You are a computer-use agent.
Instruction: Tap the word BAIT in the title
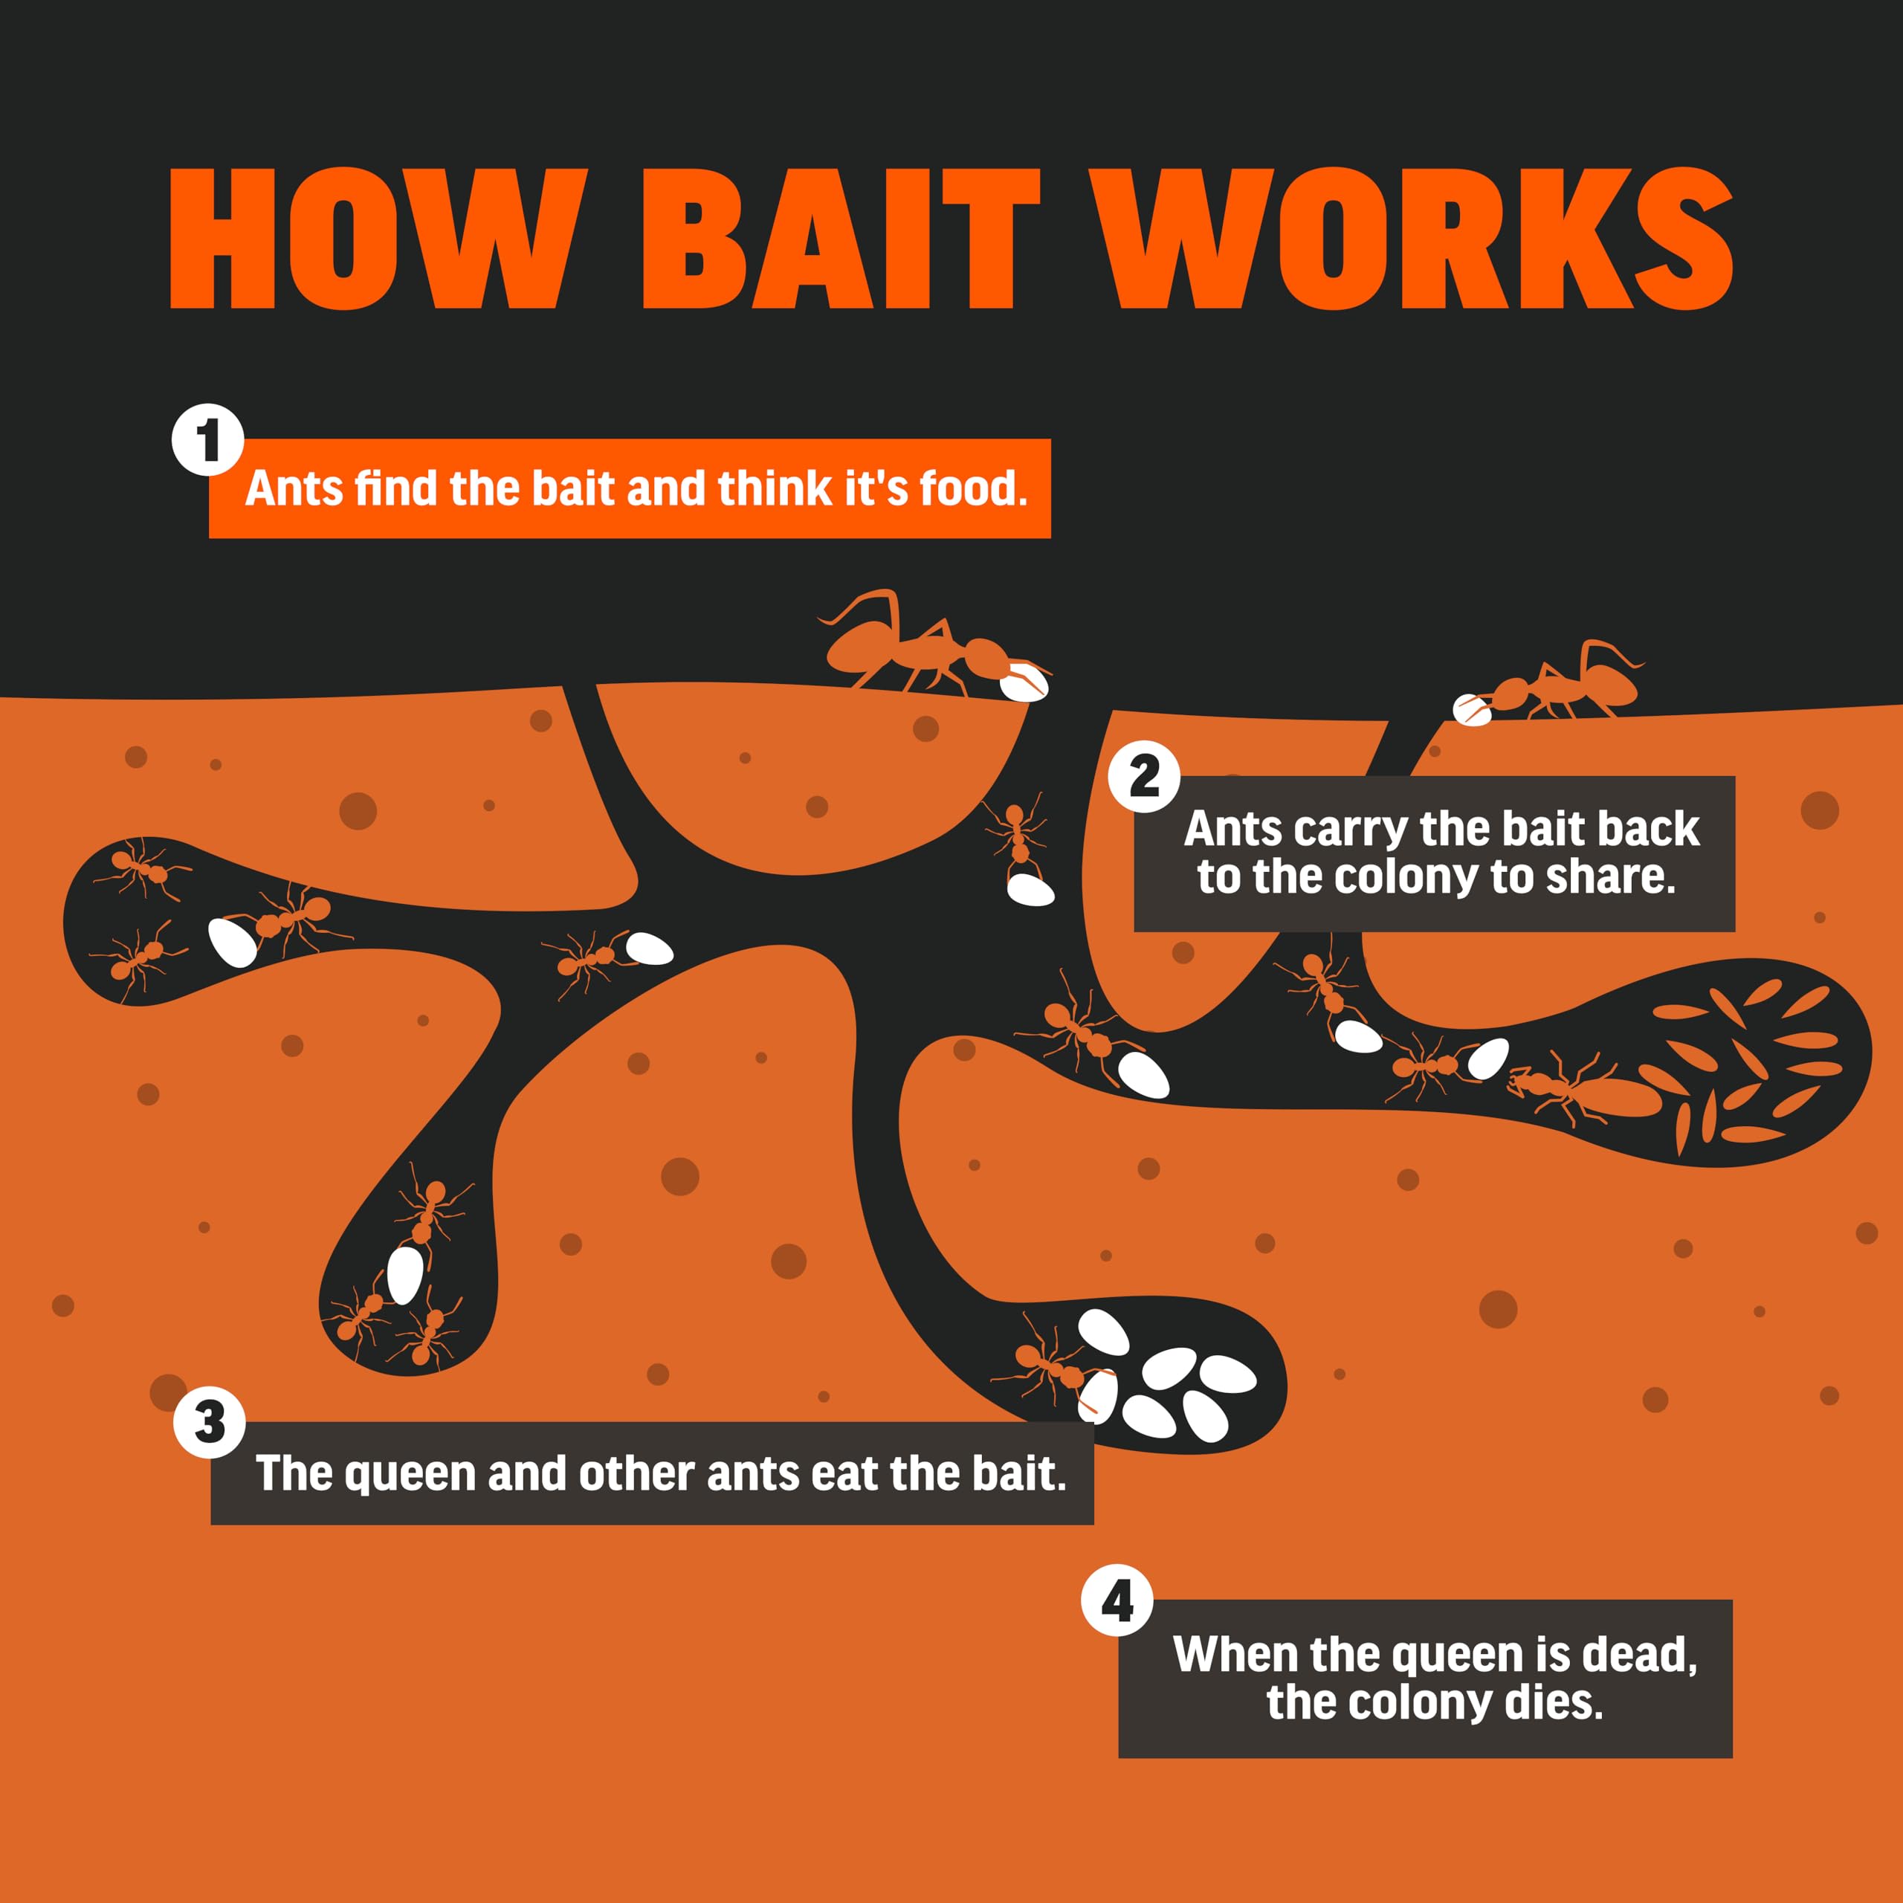click(x=841, y=239)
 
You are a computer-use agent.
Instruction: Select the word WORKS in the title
click(x=1410, y=239)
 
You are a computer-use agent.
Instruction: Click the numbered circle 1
click(x=208, y=439)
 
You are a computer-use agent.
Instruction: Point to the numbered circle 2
click(x=1143, y=776)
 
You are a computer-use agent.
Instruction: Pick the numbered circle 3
click(x=209, y=1422)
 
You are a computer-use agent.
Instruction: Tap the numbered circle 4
click(x=1117, y=1600)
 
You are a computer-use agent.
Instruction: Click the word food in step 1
click(x=973, y=488)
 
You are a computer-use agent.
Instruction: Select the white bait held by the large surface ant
click(x=1024, y=682)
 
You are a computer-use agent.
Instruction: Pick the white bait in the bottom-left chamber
click(x=405, y=1275)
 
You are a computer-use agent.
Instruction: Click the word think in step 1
click(x=774, y=488)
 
